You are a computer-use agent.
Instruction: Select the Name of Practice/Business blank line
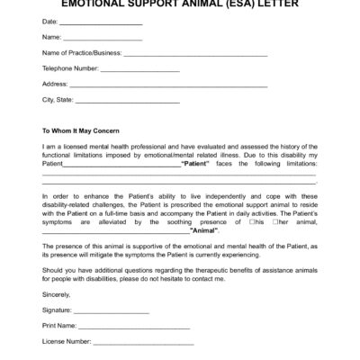coord(195,55)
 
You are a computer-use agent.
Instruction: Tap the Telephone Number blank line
coord(140,70)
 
